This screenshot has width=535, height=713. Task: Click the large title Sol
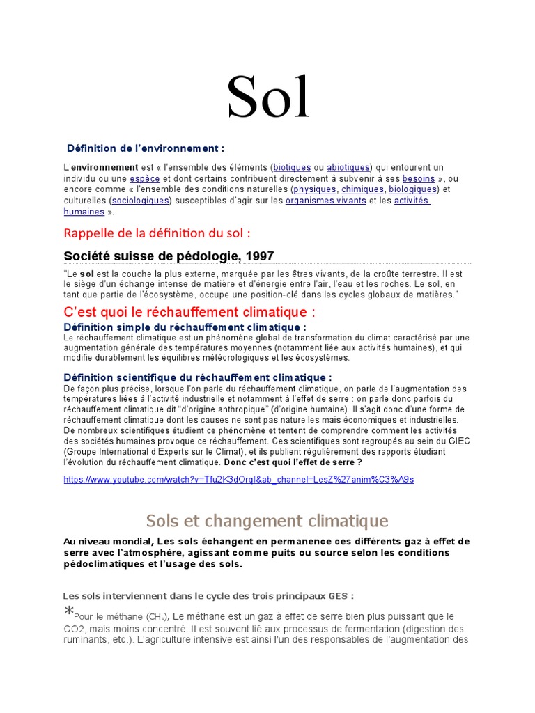click(268, 98)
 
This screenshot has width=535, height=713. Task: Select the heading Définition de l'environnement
click(146, 148)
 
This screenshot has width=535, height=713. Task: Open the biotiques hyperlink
click(292, 168)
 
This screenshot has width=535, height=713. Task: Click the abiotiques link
click(348, 168)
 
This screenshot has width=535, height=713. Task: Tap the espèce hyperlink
click(144, 179)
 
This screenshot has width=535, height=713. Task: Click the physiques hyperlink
click(315, 189)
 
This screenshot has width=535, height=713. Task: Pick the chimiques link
click(363, 189)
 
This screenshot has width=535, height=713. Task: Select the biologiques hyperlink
click(412, 189)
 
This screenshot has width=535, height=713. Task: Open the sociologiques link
click(141, 201)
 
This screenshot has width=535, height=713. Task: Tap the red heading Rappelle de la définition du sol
click(157, 232)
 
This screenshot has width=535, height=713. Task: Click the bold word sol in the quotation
click(87, 274)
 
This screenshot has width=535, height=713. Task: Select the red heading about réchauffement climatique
click(189, 311)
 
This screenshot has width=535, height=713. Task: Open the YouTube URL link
click(238, 480)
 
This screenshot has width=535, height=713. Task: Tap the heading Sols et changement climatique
click(267, 520)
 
